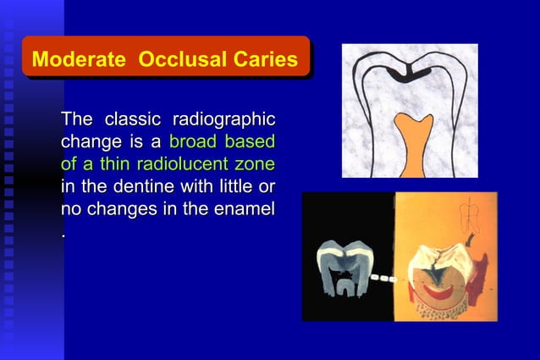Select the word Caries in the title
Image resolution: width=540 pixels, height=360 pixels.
pos(267,60)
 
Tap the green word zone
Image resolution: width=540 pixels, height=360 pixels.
pos(255,163)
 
